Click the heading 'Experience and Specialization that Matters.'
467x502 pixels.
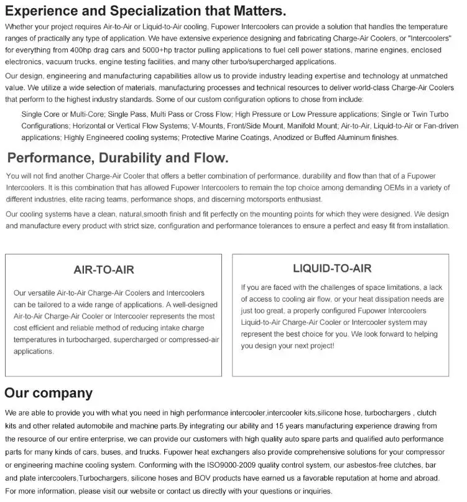coord(146,11)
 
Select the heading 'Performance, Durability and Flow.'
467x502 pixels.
coord(118,158)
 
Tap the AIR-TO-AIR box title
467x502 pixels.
coord(104,270)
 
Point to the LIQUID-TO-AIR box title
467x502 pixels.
coord(332,269)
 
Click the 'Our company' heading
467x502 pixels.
coord(49,393)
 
